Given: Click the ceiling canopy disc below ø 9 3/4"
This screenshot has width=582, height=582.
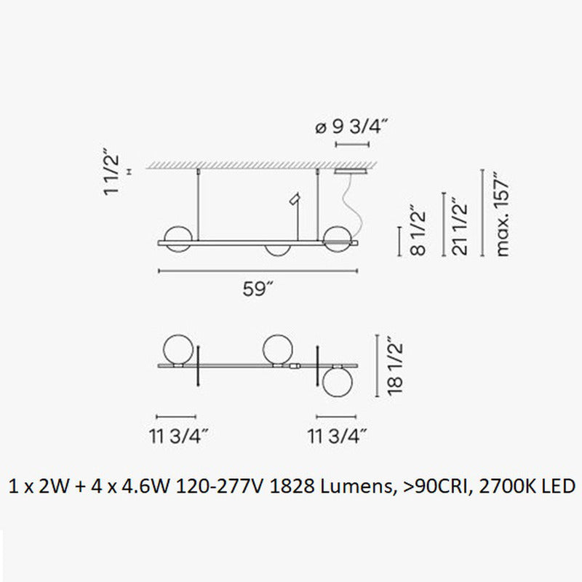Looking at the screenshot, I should click(x=350, y=172).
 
